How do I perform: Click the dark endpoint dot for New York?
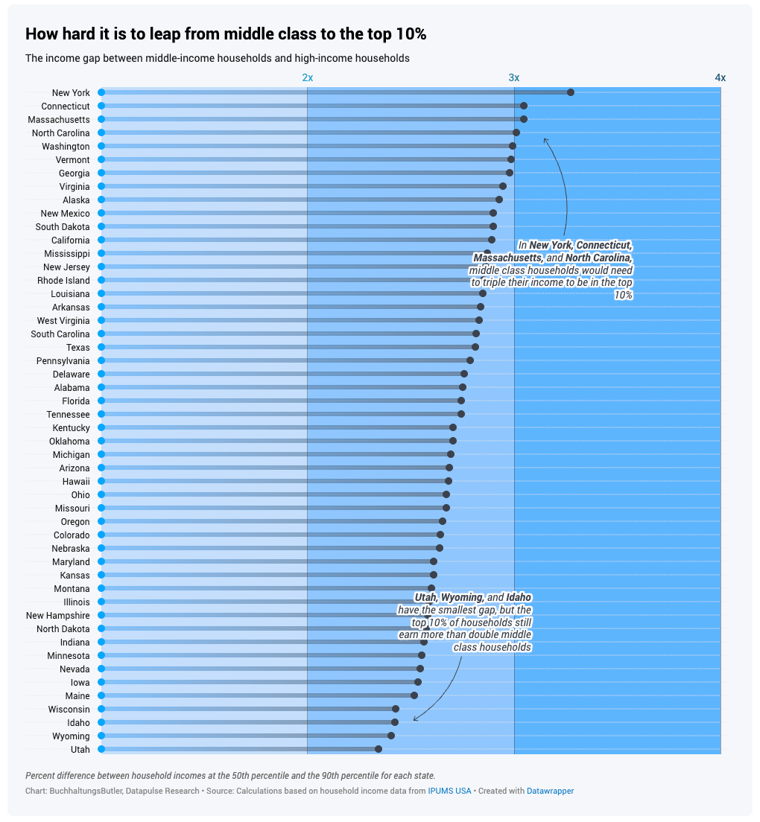(570, 92)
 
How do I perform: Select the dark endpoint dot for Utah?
(379, 749)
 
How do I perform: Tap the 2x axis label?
(307, 77)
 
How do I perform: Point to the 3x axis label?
(514, 77)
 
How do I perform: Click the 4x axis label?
(720, 77)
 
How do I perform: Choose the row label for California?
(70, 240)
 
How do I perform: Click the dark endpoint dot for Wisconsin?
(396, 709)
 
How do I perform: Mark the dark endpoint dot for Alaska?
(499, 200)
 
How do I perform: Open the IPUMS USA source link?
(449, 791)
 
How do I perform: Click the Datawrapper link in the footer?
(550, 791)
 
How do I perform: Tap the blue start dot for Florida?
(101, 401)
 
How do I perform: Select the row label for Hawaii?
(76, 481)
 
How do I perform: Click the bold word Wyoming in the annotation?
(461, 598)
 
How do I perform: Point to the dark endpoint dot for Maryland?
(434, 561)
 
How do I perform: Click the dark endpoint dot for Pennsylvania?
(470, 360)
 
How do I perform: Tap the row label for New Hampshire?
(57, 615)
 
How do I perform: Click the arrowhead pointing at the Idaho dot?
(415, 719)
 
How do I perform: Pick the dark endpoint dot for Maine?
(414, 695)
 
